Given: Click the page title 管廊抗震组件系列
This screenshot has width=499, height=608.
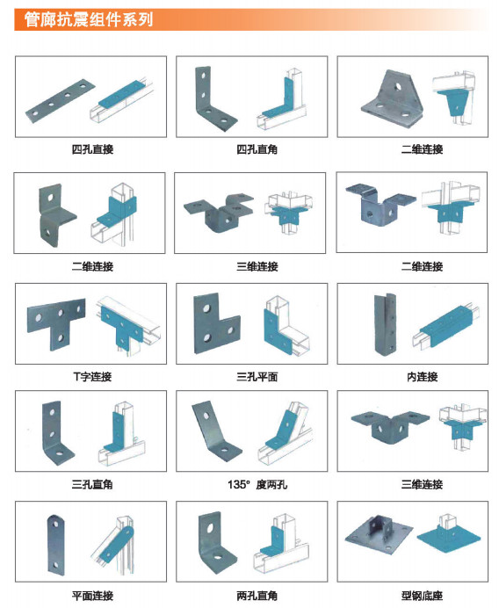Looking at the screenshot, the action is (89, 19).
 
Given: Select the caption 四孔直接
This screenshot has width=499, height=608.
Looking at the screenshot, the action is (92, 149).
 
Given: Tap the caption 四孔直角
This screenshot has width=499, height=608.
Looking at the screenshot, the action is (257, 149).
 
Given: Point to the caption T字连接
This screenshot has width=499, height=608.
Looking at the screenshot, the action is (92, 377).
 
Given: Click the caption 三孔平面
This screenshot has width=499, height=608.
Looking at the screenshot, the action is (257, 377).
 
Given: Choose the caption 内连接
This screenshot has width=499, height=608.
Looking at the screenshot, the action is (423, 377).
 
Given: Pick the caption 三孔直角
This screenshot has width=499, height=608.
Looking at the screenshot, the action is (92, 484).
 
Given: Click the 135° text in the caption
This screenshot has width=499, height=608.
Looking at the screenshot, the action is (238, 484).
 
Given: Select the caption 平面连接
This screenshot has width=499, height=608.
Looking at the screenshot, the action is (92, 596).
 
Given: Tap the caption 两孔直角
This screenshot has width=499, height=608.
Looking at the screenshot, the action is (257, 596).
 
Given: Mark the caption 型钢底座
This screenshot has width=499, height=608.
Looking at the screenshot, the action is (423, 596).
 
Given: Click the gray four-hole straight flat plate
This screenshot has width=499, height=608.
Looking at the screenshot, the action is (61, 101).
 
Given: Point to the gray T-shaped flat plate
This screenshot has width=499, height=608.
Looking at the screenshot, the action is (57, 321).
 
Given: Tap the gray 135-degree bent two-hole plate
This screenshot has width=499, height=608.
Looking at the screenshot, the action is (216, 431).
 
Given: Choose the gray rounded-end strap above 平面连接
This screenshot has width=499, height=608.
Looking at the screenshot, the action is (56, 545).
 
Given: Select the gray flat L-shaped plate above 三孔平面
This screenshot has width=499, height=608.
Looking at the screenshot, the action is (215, 324).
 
